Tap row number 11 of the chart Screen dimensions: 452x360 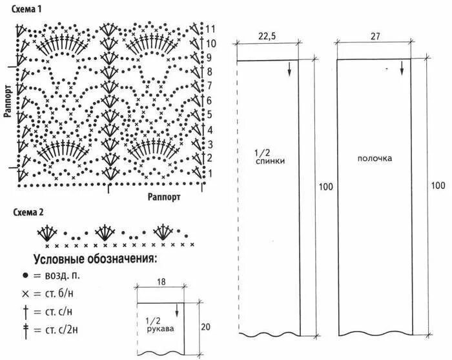click(211, 29)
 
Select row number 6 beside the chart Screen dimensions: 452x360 click(210, 101)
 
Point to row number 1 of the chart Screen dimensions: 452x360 click(209, 174)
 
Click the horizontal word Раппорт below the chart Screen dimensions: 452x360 click(163, 195)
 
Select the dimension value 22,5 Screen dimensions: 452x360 click(267, 37)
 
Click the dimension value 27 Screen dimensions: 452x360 click(375, 37)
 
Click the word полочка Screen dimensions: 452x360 click(375, 157)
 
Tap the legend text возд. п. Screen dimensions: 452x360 click(63, 275)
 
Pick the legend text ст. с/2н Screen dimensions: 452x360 click(65, 330)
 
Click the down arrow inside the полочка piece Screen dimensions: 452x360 click(401, 67)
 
